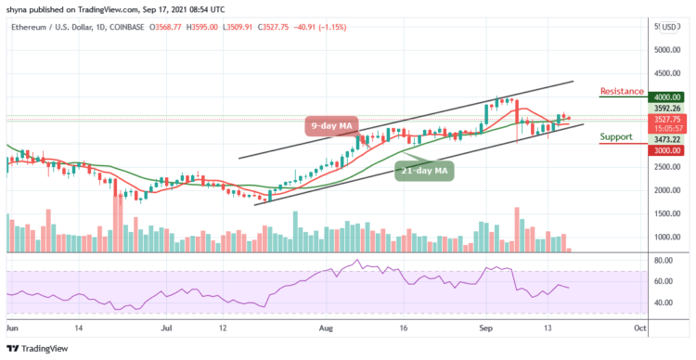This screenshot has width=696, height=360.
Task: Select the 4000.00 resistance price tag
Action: (666, 96)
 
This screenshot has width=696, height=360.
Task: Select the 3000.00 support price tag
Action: (666, 149)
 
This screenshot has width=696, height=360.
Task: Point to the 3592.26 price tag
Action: (666, 108)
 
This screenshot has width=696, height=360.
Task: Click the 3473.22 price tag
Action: (666, 139)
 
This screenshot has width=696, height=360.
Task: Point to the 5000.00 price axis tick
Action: (666, 50)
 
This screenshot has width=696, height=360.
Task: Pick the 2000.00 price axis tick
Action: (666, 189)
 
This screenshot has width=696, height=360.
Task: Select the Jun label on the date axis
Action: (12, 328)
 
